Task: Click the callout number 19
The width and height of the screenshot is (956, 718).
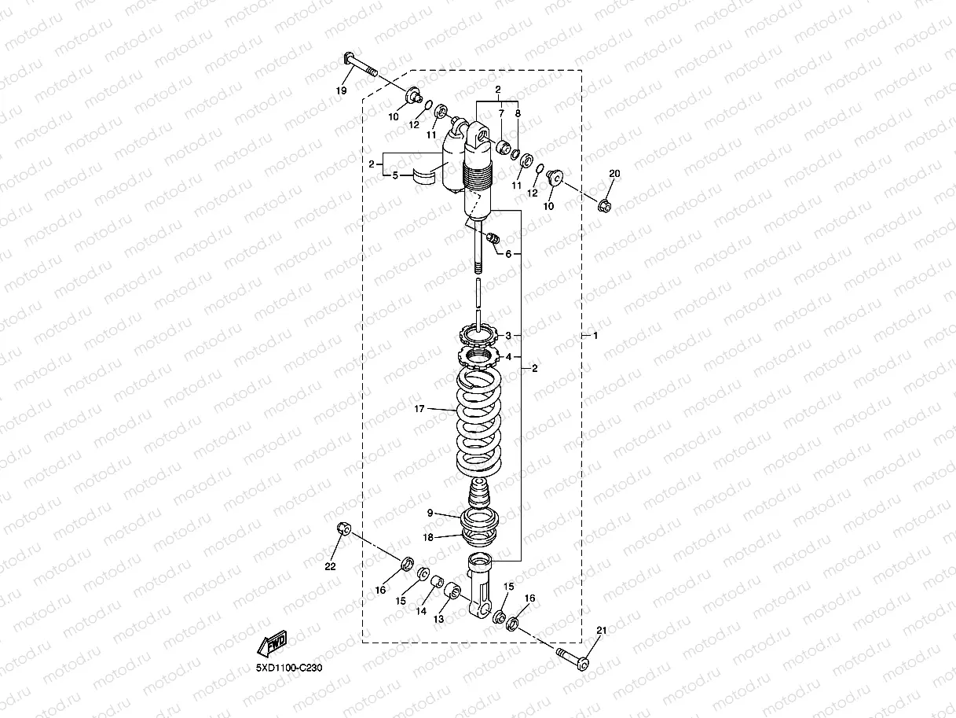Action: click(341, 91)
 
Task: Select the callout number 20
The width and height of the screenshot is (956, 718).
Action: click(614, 172)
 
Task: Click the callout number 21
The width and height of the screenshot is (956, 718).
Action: click(602, 630)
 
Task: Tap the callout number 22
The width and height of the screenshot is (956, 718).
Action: click(330, 565)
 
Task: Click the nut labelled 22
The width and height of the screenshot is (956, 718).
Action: click(342, 528)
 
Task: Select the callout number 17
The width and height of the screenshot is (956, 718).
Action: click(419, 409)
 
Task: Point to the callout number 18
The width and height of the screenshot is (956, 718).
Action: click(428, 538)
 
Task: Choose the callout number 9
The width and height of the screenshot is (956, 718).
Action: click(430, 513)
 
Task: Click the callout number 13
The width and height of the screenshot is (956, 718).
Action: click(438, 619)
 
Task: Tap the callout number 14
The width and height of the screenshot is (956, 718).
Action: click(421, 610)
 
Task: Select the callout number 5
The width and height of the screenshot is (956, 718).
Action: click(395, 176)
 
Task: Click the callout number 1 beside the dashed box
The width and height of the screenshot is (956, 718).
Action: click(595, 336)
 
